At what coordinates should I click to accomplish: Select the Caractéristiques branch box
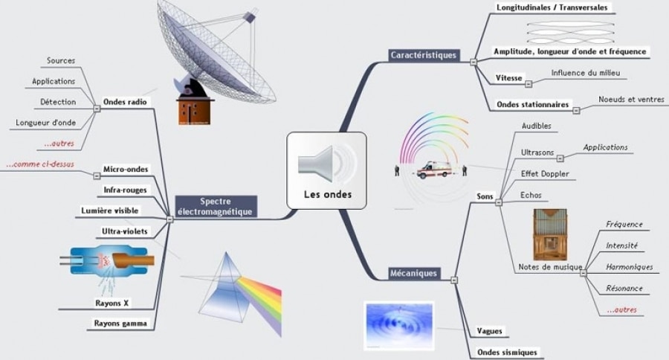pos(424,56)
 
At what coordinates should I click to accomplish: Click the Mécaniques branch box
pos(413,274)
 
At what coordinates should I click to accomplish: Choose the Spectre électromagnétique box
pos(216,206)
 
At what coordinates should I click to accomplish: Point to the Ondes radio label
pos(125,102)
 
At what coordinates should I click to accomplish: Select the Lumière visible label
pos(109,211)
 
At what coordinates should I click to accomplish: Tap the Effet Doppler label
pos(545,174)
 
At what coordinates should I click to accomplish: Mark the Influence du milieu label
pos(585,73)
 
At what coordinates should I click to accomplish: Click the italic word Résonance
pos(624,288)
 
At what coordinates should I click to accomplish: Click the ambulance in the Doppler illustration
pos(433,170)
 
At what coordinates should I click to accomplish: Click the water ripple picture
pos(398,325)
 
